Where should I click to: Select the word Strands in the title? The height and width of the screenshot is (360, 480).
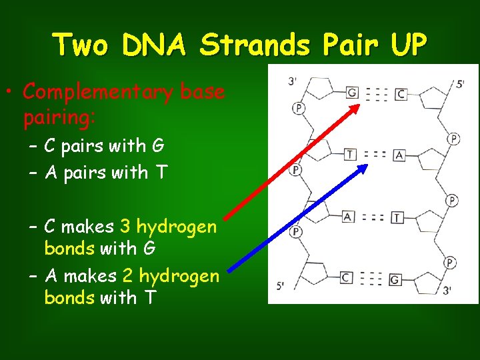pos(255,45)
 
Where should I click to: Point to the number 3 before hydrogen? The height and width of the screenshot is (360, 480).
pos(125,227)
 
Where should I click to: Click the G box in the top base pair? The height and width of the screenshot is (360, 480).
pos(352,93)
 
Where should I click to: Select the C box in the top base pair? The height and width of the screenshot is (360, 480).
pos(400,95)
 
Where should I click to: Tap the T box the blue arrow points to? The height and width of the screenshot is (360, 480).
pos(351,155)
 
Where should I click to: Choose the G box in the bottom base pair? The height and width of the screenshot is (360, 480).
pos(395,280)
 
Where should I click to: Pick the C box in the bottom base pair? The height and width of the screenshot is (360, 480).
pos(346,277)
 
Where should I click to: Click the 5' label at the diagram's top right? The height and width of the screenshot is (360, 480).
pos(461,85)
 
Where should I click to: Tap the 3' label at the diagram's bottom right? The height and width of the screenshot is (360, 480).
pos(447,290)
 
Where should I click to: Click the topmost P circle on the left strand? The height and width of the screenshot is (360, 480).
pos(298,109)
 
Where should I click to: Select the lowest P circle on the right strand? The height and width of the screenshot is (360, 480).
pos(450,263)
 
